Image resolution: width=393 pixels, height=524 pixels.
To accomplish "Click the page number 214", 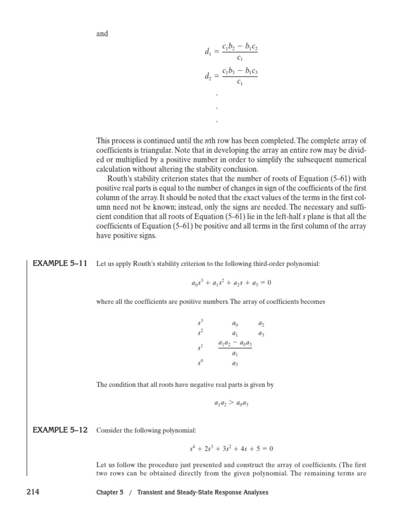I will [x=33, y=492].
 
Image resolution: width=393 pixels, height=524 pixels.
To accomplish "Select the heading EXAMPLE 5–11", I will [x=60, y=264].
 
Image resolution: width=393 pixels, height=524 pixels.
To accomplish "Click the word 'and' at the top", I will [x=102, y=34].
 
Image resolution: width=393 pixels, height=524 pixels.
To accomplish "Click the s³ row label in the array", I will [x=201, y=323].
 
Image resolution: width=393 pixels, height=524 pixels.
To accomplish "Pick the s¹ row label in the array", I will [x=201, y=348].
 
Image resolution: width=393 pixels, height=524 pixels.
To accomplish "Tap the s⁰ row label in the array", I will [x=201, y=364].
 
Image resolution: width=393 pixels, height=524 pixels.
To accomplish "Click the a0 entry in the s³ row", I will [x=235, y=324].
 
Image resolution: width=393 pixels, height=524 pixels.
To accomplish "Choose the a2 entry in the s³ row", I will [x=261, y=324].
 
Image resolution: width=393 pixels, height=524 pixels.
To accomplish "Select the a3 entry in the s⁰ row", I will [x=235, y=364].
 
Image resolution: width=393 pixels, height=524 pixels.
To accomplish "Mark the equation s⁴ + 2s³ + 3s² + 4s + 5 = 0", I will [x=231, y=449].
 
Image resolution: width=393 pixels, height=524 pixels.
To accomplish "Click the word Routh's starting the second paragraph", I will [x=121, y=179].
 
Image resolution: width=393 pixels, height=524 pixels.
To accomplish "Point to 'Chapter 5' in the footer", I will [x=110, y=492].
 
